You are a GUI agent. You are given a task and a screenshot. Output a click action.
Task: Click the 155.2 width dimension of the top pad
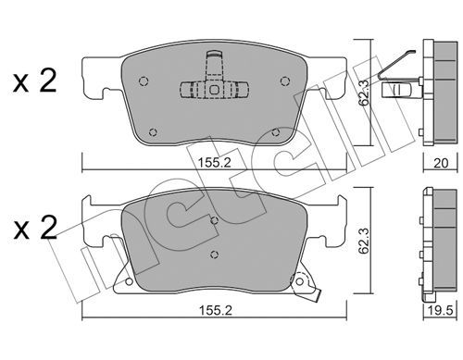coord(214,163)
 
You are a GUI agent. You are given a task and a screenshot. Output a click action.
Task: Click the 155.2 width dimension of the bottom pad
coord(215,310)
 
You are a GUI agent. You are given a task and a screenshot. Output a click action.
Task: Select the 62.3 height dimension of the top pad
coord(365,93)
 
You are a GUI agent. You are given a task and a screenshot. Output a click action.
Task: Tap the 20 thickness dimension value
coord(441,163)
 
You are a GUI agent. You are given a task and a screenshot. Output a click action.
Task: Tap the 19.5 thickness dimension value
coord(441,311)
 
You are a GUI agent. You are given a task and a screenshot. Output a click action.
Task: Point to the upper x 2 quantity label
coord(35,81)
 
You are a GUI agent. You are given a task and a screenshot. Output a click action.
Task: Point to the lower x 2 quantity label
coord(35,228)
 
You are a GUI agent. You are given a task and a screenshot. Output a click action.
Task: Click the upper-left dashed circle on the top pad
coord(144,81)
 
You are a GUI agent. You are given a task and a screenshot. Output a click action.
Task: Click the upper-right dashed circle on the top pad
coord(284,81)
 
